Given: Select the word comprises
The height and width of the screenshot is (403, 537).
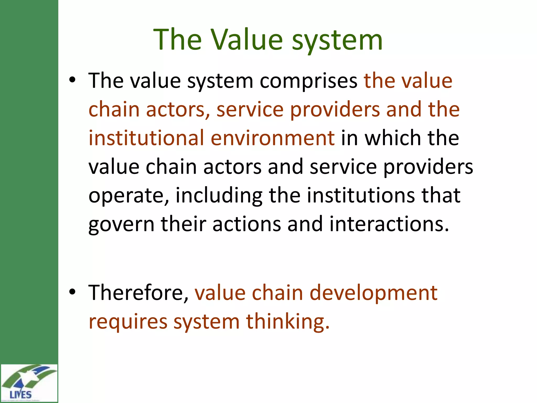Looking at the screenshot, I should (308, 81).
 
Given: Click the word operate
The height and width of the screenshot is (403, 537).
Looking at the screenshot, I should (128, 196).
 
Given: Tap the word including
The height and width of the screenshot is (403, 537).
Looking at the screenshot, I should (219, 196).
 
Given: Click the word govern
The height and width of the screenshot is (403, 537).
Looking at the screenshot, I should (121, 224).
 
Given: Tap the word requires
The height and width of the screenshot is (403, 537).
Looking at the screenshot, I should (128, 322).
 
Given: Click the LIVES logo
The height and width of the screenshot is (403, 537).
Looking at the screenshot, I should (29, 383).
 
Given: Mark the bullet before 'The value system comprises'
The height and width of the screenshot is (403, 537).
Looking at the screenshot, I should (72, 80).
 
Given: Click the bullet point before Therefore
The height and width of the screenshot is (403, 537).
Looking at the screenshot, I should (72, 292).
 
